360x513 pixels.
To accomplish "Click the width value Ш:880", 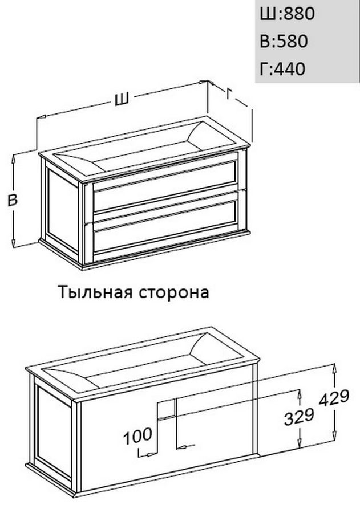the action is click(x=287, y=14).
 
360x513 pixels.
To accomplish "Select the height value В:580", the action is click(x=284, y=41).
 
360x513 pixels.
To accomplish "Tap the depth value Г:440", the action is click(x=282, y=69).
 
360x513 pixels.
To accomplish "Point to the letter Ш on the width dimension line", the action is click(x=122, y=99).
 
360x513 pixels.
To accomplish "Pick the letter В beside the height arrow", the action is click(x=13, y=199).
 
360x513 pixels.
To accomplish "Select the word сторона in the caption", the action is click(x=173, y=293).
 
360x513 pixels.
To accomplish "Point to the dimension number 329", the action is click(x=299, y=417).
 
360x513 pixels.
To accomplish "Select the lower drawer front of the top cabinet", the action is click(x=165, y=226).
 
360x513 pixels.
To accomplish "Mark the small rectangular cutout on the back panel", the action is click(x=167, y=409).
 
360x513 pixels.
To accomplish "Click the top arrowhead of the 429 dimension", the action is click(x=334, y=368).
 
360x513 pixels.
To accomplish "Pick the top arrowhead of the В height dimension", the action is click(x=14, y=159).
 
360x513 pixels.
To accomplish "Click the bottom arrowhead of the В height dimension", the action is click(x=14, y=242).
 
